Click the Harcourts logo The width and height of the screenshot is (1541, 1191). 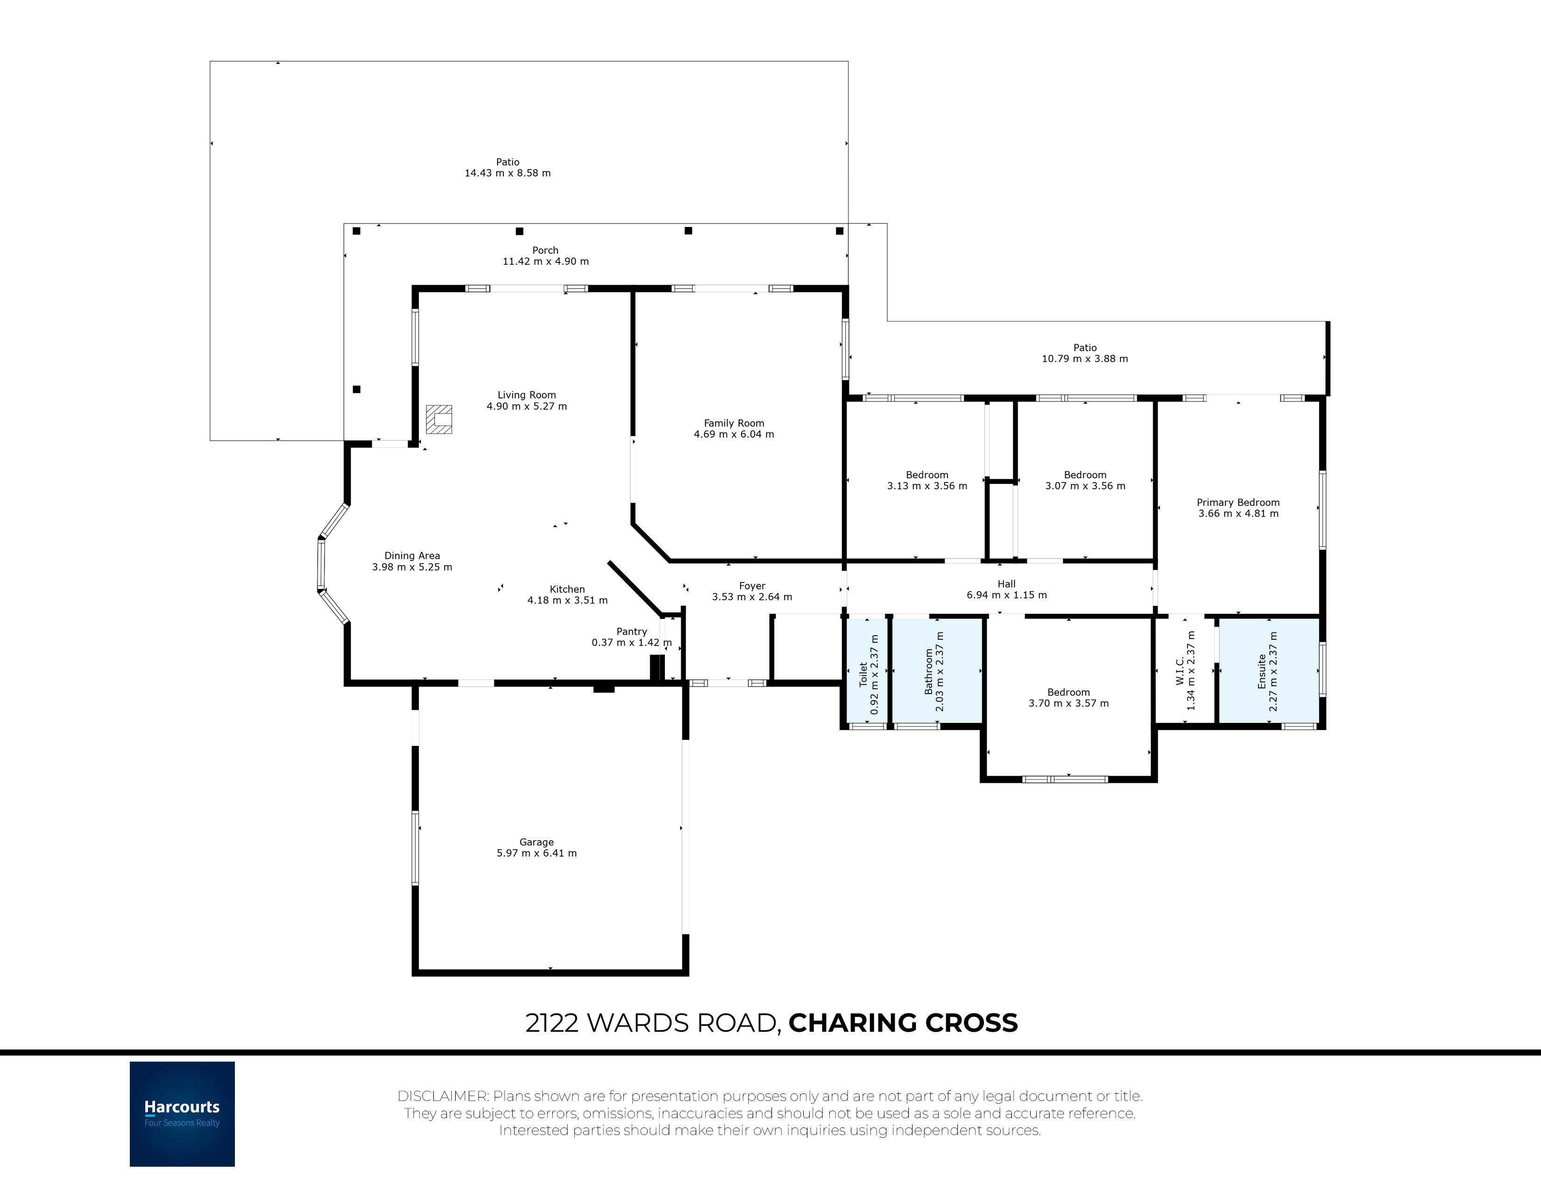click(182, 1113)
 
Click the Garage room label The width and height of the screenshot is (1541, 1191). click(536, 842)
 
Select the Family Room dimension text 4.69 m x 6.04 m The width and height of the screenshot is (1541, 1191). click(734, 434)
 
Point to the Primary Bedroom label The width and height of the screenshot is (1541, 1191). click(1238, 503)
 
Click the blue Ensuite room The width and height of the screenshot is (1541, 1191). click(1269, 671)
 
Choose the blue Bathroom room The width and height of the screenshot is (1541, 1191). click(938, 671)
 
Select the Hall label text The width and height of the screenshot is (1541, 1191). click(1007, 583)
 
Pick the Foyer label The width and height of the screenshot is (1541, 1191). click(752, 586)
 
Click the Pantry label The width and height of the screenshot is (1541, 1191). click(631, 631)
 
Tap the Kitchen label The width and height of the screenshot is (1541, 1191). click(567, 589)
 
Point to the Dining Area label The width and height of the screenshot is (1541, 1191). click(412, 555)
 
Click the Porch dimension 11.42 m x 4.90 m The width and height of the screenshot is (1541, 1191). click(545, 261)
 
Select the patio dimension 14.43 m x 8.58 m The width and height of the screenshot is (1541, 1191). click(507, 173)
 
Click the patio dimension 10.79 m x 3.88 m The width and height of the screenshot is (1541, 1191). click(1085, 358)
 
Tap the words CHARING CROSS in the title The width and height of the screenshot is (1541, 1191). click(903, 1022)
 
